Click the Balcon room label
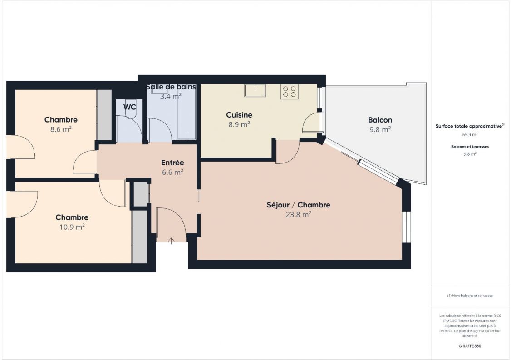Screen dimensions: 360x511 tap(380, 120)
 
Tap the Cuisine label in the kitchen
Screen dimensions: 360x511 tap(239, 115)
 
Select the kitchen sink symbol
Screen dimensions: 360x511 tap(255, 90)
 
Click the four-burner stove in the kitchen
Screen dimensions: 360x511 tap(290, 92)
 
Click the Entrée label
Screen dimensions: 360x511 tap(172, 163)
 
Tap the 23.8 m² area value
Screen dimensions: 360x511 tap(298, 215)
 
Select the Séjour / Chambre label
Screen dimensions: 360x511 tap(298, 205)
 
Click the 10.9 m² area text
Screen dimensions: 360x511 tap(72, 227)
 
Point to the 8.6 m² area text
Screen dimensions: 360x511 tap(60, 129)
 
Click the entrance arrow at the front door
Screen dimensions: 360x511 tap(171, 241)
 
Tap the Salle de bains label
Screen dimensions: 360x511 tap(171, 86)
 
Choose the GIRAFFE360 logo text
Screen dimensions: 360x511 tap(470, 346)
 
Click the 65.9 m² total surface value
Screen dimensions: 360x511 tap(470, 135)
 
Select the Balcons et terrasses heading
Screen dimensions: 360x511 tap(470, 147)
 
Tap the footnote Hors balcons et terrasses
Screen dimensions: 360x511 tap(470, 296)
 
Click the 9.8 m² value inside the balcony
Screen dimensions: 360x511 tap(380, 129)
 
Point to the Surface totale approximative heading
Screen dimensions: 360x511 tap(469, 126)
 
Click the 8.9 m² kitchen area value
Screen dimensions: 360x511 tap(239, 124)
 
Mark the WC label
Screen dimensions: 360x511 tap(130, 107)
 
